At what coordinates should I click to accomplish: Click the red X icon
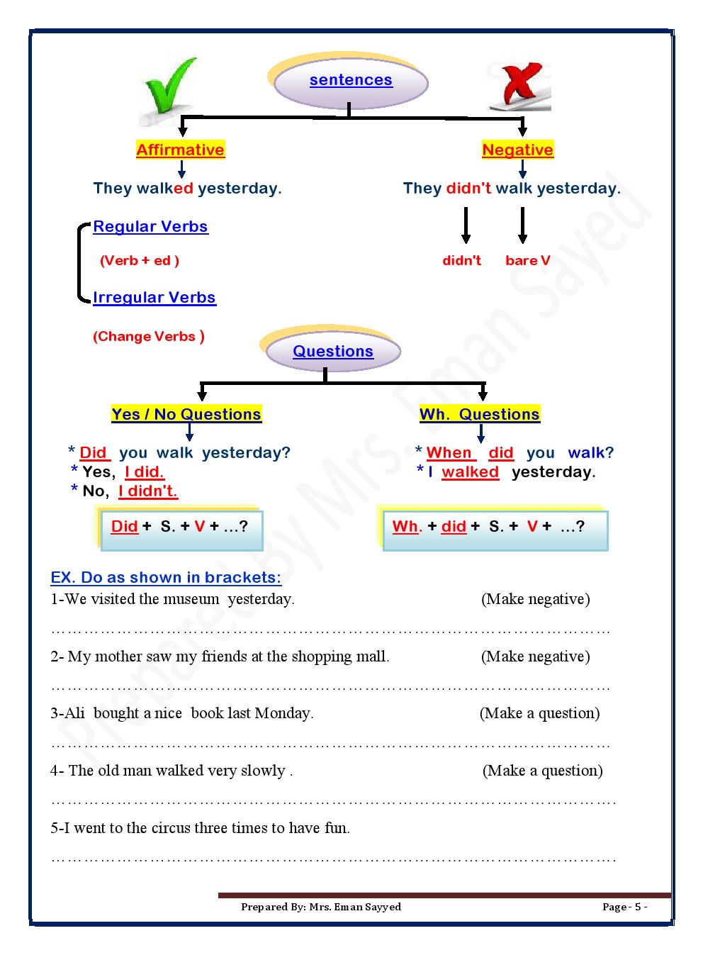click(521, 85)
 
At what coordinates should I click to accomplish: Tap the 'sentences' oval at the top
click(351, 81)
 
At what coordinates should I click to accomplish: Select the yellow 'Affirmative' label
click(180, 150)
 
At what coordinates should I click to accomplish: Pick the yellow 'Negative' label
click(517, 150)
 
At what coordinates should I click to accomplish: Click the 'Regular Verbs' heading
click(150, 227)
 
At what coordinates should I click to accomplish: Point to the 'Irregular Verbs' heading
click(154, 298)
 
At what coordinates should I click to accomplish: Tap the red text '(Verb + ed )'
click(140, 261)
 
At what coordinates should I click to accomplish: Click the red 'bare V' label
click(527, 261)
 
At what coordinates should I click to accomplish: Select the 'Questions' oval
click(333, 352)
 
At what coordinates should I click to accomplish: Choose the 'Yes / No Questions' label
click(186, 414)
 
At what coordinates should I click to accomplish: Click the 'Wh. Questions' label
click(479, 414)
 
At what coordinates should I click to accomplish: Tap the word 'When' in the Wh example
click(449, 453)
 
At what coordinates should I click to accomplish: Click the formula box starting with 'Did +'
click(181, 529)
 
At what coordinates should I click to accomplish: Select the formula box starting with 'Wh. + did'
click(495, 529)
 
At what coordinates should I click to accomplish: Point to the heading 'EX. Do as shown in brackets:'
click(166, 578)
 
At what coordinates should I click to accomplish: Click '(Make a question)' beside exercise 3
click(539, 713)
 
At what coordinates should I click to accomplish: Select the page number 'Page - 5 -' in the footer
click(624, 907)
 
